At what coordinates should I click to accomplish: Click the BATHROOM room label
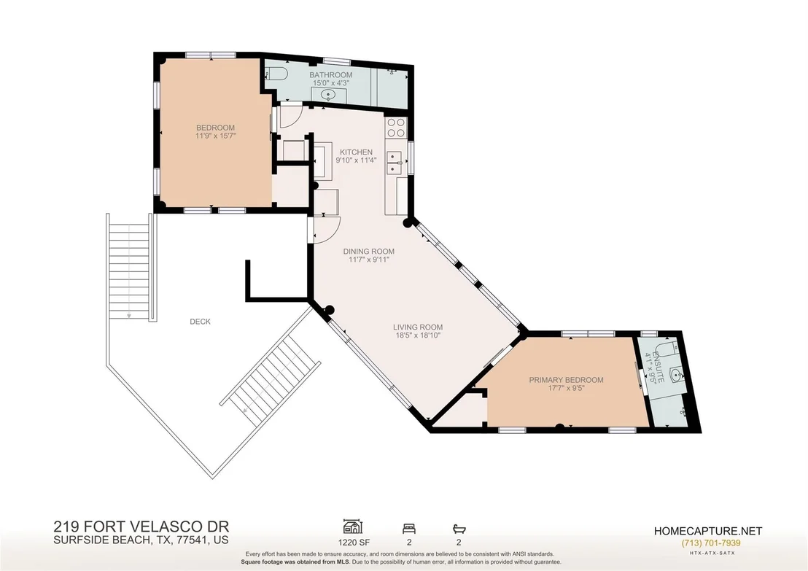point(331,74)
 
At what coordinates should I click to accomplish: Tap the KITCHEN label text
point(356,152)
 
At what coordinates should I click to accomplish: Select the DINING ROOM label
point(369,252)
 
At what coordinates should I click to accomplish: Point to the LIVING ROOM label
point(418,327)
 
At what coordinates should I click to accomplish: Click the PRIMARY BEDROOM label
point(567,381)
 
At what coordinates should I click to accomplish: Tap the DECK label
point(200,322)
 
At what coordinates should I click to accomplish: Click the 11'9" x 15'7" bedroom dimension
point(215,136)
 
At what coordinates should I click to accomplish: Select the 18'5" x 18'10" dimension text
point(418,335)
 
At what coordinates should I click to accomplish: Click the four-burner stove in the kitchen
point(396,128)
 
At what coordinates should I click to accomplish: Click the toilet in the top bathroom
point(276,74)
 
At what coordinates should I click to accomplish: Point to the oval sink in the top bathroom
point(328,95)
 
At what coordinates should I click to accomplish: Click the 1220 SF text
point(354,542)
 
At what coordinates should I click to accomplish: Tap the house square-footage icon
point(353,527)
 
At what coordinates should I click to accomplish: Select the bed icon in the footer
point(409,529)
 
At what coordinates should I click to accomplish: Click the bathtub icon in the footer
point(459,529)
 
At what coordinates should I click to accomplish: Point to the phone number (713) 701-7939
point(710,543)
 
